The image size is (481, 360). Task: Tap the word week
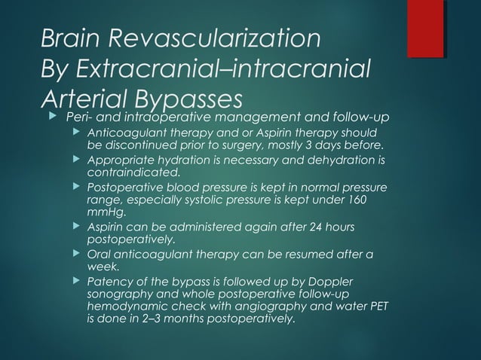point(103,267)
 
